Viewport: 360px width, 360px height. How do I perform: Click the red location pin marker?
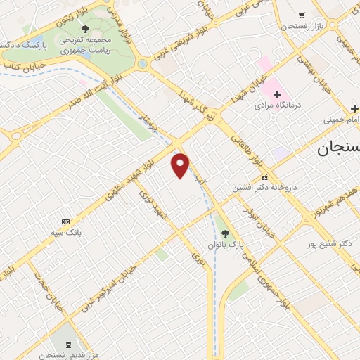pos(181,165)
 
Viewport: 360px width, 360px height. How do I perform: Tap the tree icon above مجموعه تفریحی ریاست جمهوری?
pos(85,29)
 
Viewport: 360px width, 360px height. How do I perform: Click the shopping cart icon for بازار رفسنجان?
pos(302,15)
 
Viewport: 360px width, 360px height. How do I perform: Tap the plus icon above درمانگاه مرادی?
pos(277,94)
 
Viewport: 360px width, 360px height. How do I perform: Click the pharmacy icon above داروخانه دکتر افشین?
pos(264,178)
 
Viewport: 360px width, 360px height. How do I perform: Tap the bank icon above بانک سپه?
pos(66,221)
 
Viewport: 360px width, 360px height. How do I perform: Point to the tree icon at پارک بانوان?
pos(225,233)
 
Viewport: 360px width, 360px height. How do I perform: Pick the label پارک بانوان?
pos(225,244)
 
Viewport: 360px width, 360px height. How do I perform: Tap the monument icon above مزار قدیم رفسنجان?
pos(69,344)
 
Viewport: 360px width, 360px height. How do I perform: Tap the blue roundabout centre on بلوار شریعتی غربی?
pos(143,63)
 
